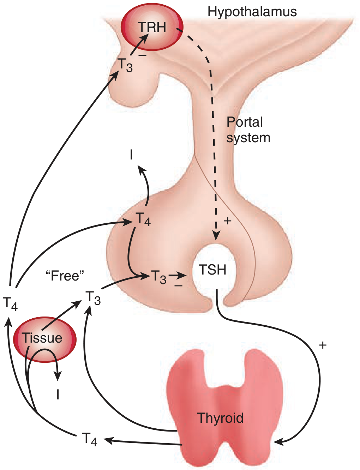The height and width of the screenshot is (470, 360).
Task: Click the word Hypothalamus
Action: pyautogui.click(x=252, y=12)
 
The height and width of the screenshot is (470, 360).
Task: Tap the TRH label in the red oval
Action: pyautogui.click(x=152, y=27)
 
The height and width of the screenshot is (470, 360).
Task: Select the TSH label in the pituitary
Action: pyautogui.click(x=212, y=270)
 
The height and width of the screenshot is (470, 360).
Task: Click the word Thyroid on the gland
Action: pyautogui.click(x=221, y=418)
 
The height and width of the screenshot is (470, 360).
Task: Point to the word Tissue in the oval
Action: pyautogui.click(x=42, y=338)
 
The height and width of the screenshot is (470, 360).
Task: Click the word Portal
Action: pyautogui.click(x=245, y=122)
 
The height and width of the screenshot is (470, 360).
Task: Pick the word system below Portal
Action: pyautogui.click(x=248, y=138)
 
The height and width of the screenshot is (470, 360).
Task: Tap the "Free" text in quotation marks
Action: pyautogui.click(x=65, y=276)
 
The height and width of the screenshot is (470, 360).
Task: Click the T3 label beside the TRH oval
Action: pyautogui.click(x=125, y=65)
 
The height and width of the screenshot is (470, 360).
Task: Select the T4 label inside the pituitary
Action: pyautogui.click(x=143, y=219)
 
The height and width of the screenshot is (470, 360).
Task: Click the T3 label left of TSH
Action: pyautogui.click(x=159, y=277)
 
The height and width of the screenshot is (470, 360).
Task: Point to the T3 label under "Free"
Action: pyautogui.click(x=93, y=298)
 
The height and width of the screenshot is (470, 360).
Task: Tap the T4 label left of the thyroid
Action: pyautogui.click(x=90, y=439)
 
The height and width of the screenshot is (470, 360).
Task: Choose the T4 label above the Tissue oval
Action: pyautogui.click(x=10, y=303)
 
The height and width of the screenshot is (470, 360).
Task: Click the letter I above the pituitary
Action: pyautogui.click(x=131, y=155)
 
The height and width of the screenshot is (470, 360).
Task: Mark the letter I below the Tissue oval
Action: pyautogui.click(x=58, y=395)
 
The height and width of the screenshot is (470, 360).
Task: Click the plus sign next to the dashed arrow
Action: pyautogui.click(x=228, y=221)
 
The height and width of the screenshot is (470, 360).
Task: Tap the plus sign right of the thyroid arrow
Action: pyautogui.click(x=322, y=345)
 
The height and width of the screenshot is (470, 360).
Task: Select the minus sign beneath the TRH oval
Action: pyautogui.click(x=142, y=56)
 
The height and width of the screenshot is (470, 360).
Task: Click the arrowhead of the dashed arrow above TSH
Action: pyautogui.click(x=216, y=236)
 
